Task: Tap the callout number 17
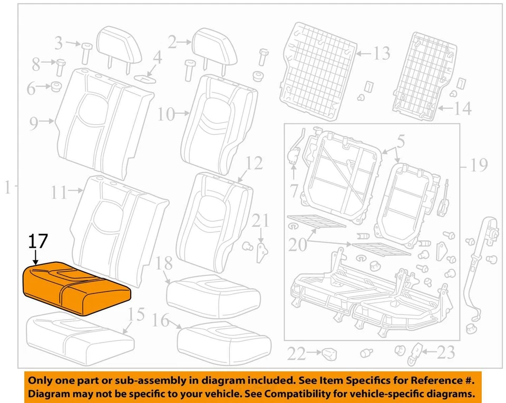pyautogui.click(x=38, y=242)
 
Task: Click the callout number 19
pyautogui.click(x=478, y=166)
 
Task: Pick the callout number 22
pyautogui.click(x=297, y=353)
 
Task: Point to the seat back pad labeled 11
pyautogui.click(x=119, y=227)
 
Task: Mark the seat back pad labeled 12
pyautogui.click(x=213, y=216)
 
